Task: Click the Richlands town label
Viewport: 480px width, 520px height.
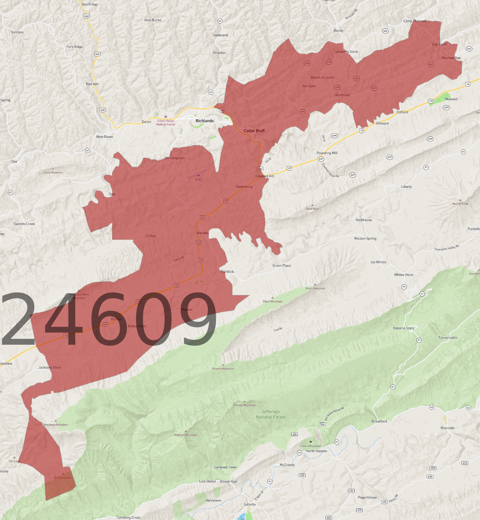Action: [204, 121]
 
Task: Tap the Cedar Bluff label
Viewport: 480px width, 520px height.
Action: [254, 131]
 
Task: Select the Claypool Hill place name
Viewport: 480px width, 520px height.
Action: [264, 176]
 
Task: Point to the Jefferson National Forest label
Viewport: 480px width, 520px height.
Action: [271, 414]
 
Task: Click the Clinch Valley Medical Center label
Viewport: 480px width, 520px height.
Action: [166, 123]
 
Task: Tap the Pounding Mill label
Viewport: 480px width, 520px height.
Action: [327, 153]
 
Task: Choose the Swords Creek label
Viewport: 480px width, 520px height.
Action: [24, 224]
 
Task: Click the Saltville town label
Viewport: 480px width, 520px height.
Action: [250, 504]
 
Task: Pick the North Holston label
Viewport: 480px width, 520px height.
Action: [317, 451]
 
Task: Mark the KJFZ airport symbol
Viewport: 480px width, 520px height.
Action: [199, 176]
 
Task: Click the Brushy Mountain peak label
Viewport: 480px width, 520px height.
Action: [223, 369]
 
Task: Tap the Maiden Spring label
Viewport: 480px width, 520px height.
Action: [365, 238]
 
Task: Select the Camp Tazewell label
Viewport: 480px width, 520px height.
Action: [414, 21]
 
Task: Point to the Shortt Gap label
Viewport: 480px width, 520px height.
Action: [89, 5]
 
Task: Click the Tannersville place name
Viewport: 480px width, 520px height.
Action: [448, 338]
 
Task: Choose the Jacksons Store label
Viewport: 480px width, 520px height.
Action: [50, 367]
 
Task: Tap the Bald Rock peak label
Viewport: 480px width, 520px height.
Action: [312, 209]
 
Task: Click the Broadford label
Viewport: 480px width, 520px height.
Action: [379, 421]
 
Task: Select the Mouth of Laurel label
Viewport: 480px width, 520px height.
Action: [322, 77]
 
